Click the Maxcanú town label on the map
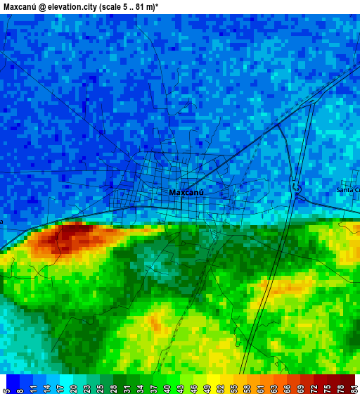[186, 192]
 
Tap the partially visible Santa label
[347, 190]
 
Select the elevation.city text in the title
[72, 6]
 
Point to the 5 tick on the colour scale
[6, 387]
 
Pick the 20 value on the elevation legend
[73, 387]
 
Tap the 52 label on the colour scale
[219, 387]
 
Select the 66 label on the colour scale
[286, 387]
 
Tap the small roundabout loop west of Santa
[297, 188]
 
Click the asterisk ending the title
[156, 6]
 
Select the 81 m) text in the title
[142, 6]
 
